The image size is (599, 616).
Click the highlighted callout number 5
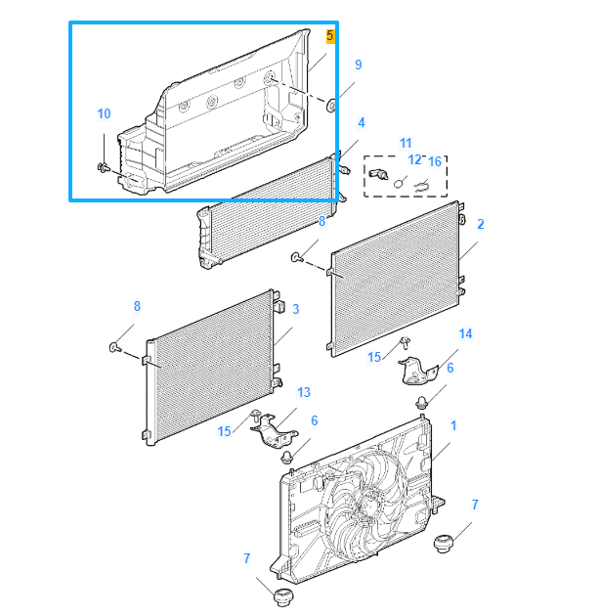click(x=330, y=36)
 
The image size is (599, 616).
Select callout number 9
click(x=359, y=65)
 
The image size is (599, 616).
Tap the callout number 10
click(x=105, y=114)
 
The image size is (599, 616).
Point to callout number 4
click(x=362, y=122)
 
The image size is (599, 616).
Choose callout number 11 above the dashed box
click(x=406, y=143)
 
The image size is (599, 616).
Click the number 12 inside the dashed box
click(x=414, y=159)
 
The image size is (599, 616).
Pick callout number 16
click(x=435, y=160)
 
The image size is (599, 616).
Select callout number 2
click(x=481, y=224)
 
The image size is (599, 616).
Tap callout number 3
click(x=296, y=309)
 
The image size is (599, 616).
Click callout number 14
click(x=465, y=334)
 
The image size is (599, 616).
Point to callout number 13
click(x=304, y=392)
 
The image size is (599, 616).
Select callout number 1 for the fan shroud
click(x=453, y=426)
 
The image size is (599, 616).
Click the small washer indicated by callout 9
click(x=330, y=105)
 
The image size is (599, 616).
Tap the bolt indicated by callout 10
click(x=103, y=169)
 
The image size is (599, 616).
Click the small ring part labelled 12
click(x=400, y=181)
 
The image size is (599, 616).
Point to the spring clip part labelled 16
click(x=421, y=185)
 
